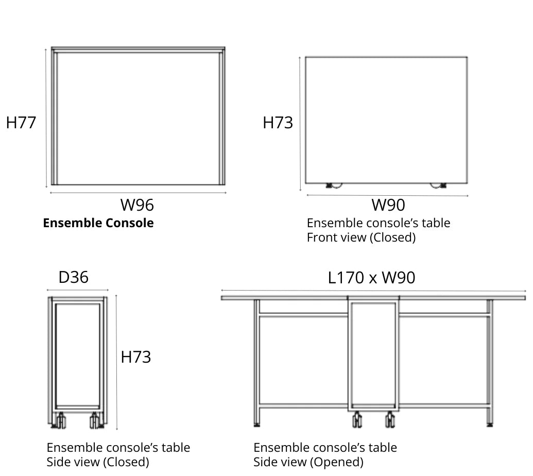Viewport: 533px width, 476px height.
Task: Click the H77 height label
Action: coord(21,123)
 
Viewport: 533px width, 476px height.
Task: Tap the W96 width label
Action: coord(137,205)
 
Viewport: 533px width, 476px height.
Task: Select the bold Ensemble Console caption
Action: coord(98,223)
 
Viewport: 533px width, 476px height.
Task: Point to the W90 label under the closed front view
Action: coord(388,205)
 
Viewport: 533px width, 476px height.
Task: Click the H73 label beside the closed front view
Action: coord(278,123)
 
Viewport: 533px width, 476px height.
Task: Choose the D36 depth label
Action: coord(74,277)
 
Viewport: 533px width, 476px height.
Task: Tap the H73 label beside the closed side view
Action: coord(136,357)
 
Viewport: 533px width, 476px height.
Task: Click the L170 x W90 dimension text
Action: coord(371,278)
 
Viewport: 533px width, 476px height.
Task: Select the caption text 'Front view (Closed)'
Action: coord(361,237)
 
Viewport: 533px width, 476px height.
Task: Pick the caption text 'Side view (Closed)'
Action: coord(98,462)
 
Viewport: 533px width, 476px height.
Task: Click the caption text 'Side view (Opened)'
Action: coord(308,462)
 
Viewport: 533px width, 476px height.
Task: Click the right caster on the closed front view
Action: coord(438,185)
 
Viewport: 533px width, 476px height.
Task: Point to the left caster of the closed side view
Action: coord(61,421)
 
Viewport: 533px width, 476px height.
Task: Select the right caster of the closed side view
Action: coord(95,421)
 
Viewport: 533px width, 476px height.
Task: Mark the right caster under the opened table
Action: coord(390,420)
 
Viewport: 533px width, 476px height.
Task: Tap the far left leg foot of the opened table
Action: coord(256,424)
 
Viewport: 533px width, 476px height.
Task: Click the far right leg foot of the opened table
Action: coord(489,424)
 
